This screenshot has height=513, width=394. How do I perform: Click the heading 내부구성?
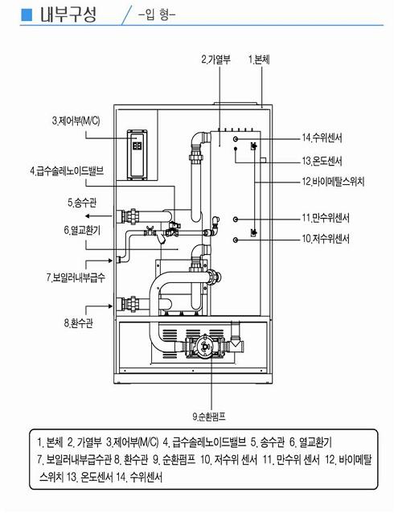[68, 14]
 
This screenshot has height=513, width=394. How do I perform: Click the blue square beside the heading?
[27, 14]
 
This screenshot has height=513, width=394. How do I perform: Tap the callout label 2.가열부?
[215, 60]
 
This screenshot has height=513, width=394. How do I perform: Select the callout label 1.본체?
[259, 60]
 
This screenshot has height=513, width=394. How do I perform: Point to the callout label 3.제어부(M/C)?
[76, 121]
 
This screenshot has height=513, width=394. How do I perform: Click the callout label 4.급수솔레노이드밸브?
[67, 170]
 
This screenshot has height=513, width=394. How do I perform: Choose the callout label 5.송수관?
[82, 203]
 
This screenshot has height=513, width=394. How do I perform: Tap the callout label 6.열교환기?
[82, 230]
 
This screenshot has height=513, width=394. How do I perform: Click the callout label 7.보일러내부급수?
[76, 277]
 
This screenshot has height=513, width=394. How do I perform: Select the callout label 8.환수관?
[79, 323]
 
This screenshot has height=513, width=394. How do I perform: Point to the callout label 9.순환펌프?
[209, 417]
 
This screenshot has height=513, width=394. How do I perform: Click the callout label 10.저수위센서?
[326, 239]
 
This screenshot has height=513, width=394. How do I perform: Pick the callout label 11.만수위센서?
[326, 218]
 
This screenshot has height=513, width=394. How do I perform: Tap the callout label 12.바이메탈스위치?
[333, 181]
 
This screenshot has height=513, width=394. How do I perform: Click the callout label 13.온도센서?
[322, 161]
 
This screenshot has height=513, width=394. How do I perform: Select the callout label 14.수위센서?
[322, 137]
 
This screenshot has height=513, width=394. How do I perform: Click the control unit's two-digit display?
[137, 146]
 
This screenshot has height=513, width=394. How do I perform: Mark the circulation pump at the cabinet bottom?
[204, 347]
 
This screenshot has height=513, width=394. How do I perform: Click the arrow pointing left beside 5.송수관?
[99, 216]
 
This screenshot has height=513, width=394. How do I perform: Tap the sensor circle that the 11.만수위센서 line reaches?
[236, 220]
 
